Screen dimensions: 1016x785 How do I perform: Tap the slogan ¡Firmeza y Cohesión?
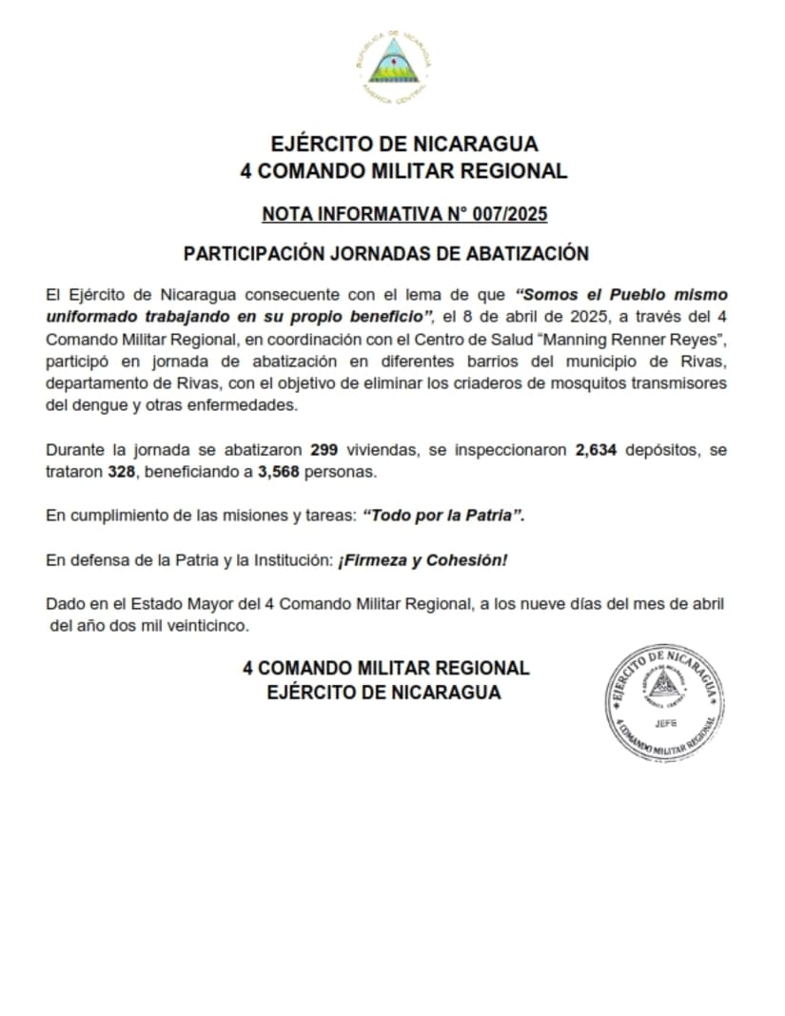(422, 560)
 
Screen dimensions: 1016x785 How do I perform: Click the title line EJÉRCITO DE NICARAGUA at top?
(404, 145)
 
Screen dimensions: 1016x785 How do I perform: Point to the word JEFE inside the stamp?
(666, 723)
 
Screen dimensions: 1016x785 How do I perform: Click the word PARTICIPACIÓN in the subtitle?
(266, 254)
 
